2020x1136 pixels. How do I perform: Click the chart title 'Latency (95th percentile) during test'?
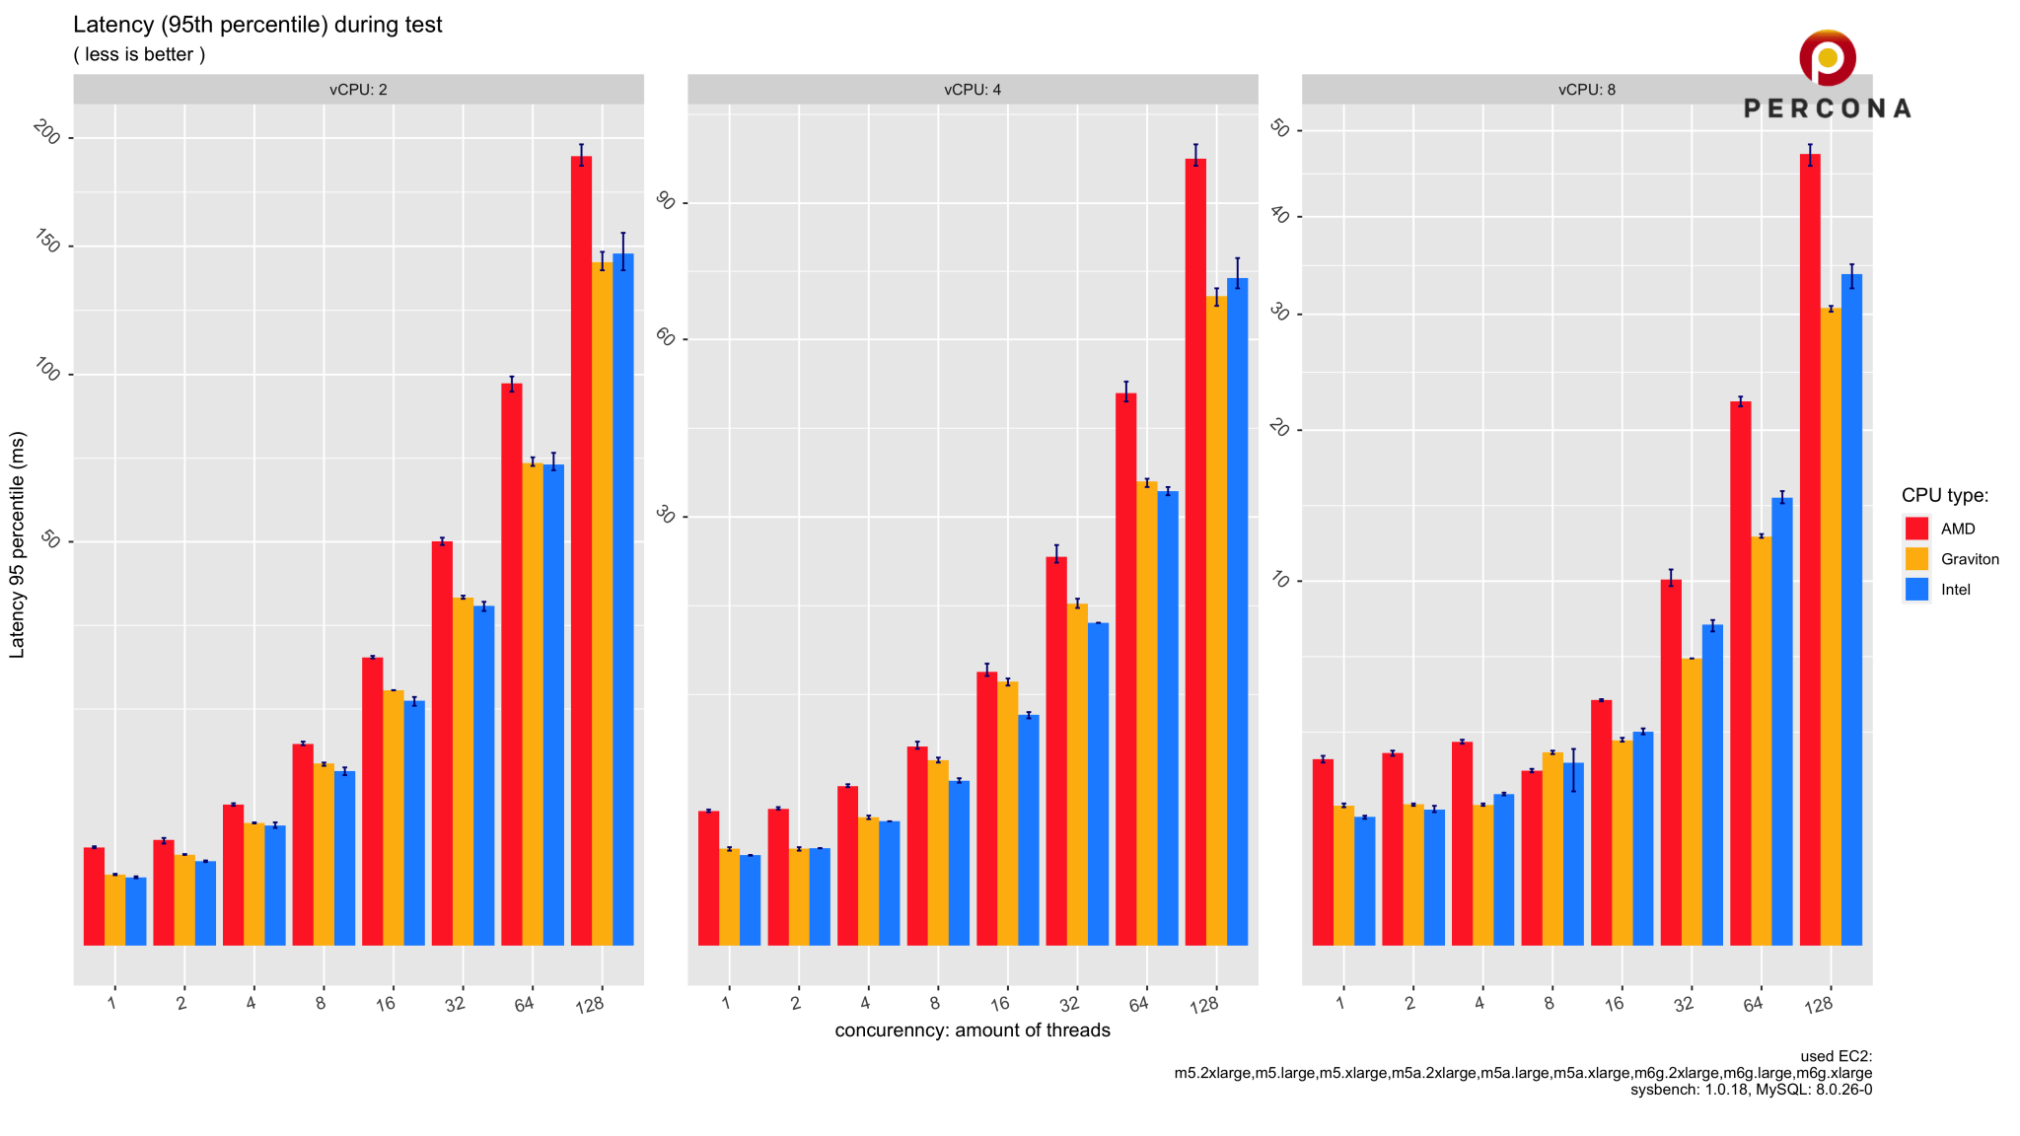[257, 25]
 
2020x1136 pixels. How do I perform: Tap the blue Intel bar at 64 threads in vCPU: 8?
[1781, 720]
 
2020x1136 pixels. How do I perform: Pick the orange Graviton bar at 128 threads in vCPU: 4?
[1216, 621]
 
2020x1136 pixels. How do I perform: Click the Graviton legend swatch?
[1916, 559]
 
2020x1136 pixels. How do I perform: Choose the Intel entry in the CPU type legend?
[1954, 590]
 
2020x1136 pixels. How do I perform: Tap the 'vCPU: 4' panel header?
[972, 90]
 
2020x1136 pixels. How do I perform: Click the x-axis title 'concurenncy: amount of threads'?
[972, 1030]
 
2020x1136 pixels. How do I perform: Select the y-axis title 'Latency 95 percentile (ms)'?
[17, 544]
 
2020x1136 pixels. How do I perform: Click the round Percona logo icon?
[1827, 57]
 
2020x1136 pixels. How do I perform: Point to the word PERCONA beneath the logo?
[1827, 108]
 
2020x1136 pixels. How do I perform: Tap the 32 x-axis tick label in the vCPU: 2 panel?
[455, 1004]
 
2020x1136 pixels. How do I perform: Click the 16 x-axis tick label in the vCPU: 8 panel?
[1614, 1004]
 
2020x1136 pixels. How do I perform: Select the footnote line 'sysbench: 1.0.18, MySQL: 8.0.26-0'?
[1751, 1090]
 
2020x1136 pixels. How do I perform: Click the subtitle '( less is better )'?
[139, 55]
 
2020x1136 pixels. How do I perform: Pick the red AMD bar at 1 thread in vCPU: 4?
[708, 878]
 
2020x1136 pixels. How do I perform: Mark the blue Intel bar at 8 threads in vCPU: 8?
[1573, 854]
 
